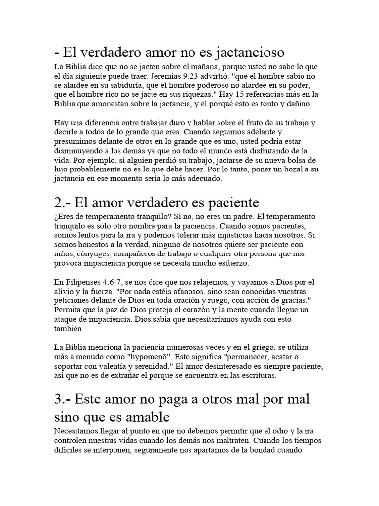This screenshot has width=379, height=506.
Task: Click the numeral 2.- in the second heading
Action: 63,203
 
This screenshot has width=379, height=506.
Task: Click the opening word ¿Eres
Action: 66,217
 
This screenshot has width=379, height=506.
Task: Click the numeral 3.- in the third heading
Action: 64,399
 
